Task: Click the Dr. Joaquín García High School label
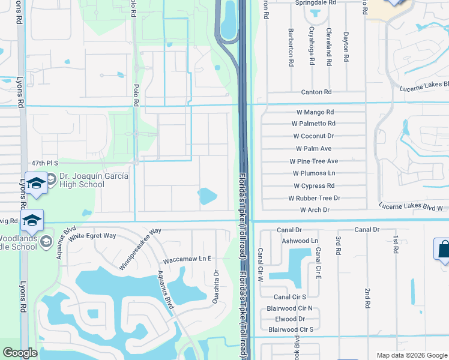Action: (x=82, y=181)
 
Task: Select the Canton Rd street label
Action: (x=316, y=92)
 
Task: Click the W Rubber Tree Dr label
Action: (x=314, y=198)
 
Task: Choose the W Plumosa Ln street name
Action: (x=314, y=173)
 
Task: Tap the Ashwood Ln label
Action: (x=300, y=241)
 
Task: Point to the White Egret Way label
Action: (x=92, y=236)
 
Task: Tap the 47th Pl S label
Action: (x=44, y=163)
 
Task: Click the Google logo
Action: (x=20, y=353)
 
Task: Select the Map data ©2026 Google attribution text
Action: (x=411, y=355)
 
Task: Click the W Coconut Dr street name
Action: (x=313, y=136)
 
